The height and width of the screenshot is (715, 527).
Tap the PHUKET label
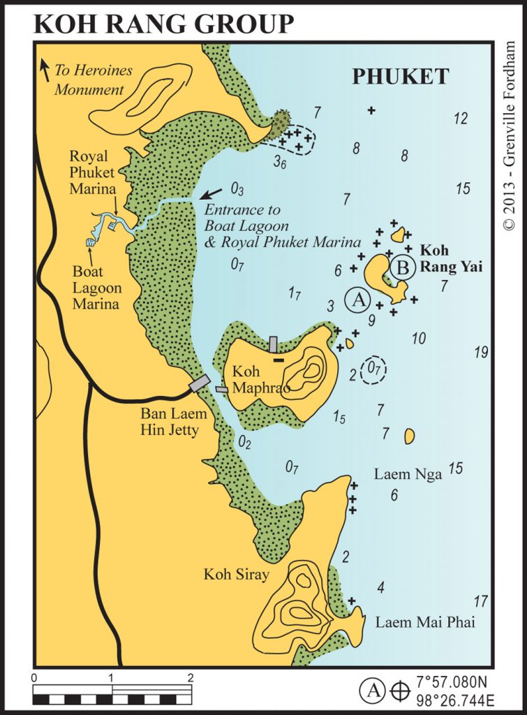(x=400, y=77)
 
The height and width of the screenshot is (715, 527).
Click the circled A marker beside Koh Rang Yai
(x=358, y=301)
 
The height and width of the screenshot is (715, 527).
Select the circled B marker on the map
(x=402, y=267)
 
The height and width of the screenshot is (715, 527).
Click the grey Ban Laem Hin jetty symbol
(x=199, y=383)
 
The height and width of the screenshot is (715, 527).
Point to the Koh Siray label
(x=236, y=575)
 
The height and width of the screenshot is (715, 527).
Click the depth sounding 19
(x=481, y=353)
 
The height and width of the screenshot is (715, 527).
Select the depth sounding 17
(x=480, y=600)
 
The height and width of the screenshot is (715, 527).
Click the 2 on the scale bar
(x=190, y=677)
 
